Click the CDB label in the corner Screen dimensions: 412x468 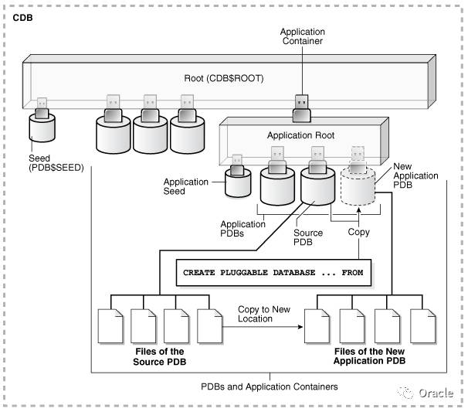pos(24,15)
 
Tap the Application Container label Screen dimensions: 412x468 pos(301,36)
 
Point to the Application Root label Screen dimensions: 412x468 pos(300,135)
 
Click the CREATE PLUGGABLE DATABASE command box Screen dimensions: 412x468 pos(273,273)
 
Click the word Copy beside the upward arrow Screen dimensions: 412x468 pos(359,232)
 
